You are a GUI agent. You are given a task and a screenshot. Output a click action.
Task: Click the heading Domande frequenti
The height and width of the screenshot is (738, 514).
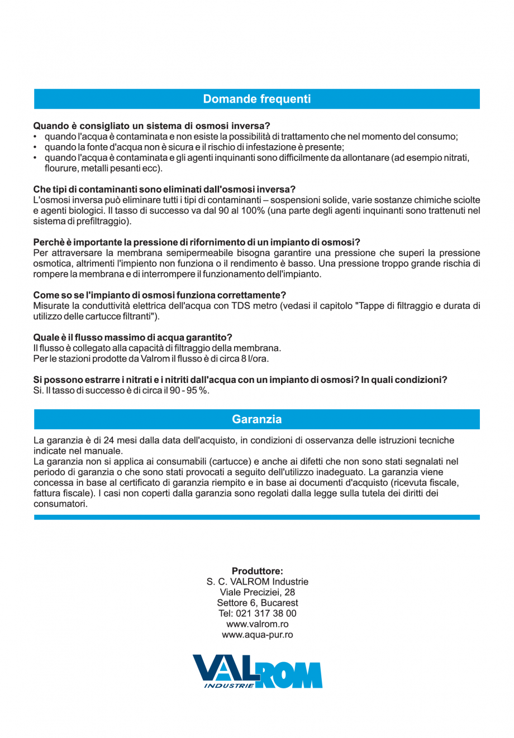click(256, 99)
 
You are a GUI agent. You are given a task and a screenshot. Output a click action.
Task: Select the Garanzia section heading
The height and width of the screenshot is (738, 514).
click(256, 419)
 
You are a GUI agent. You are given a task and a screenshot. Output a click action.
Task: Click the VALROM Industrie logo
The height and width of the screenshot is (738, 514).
click(257, 671)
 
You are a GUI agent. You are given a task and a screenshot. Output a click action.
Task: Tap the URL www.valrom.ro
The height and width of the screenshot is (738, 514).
click(257, 624)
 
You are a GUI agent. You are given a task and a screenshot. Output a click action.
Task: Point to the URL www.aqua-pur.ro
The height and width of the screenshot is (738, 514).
click(257, 635)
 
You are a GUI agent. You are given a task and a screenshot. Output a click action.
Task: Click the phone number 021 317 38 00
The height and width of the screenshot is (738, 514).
click(266, 614)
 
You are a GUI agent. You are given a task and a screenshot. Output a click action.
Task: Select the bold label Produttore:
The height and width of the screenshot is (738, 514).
click(257, 571)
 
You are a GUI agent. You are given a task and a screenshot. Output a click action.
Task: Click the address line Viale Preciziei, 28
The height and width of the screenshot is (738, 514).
click(257, 592)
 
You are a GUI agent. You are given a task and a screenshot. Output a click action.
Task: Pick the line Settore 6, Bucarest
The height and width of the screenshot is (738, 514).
click(257, 603)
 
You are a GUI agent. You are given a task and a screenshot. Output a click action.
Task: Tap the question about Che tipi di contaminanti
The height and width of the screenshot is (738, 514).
click(164, 190)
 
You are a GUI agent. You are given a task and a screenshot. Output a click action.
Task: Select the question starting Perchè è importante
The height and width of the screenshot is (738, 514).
click(197, 242)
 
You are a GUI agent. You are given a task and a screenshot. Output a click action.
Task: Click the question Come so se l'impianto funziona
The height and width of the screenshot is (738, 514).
click(160, 295)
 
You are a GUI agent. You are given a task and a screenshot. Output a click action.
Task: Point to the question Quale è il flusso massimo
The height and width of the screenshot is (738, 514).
click(133, 337)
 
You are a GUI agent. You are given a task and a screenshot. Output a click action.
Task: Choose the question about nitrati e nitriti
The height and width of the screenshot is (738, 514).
click(240, 380)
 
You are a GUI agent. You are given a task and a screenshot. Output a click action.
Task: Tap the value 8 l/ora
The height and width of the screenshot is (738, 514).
click(254, 358)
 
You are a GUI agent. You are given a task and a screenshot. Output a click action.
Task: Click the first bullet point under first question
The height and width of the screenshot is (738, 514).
click(251, 137)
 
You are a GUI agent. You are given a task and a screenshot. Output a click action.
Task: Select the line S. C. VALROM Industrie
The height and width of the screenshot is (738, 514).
click(257, 582)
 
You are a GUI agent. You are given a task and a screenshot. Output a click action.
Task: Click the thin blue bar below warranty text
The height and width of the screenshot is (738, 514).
click(256, 517)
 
